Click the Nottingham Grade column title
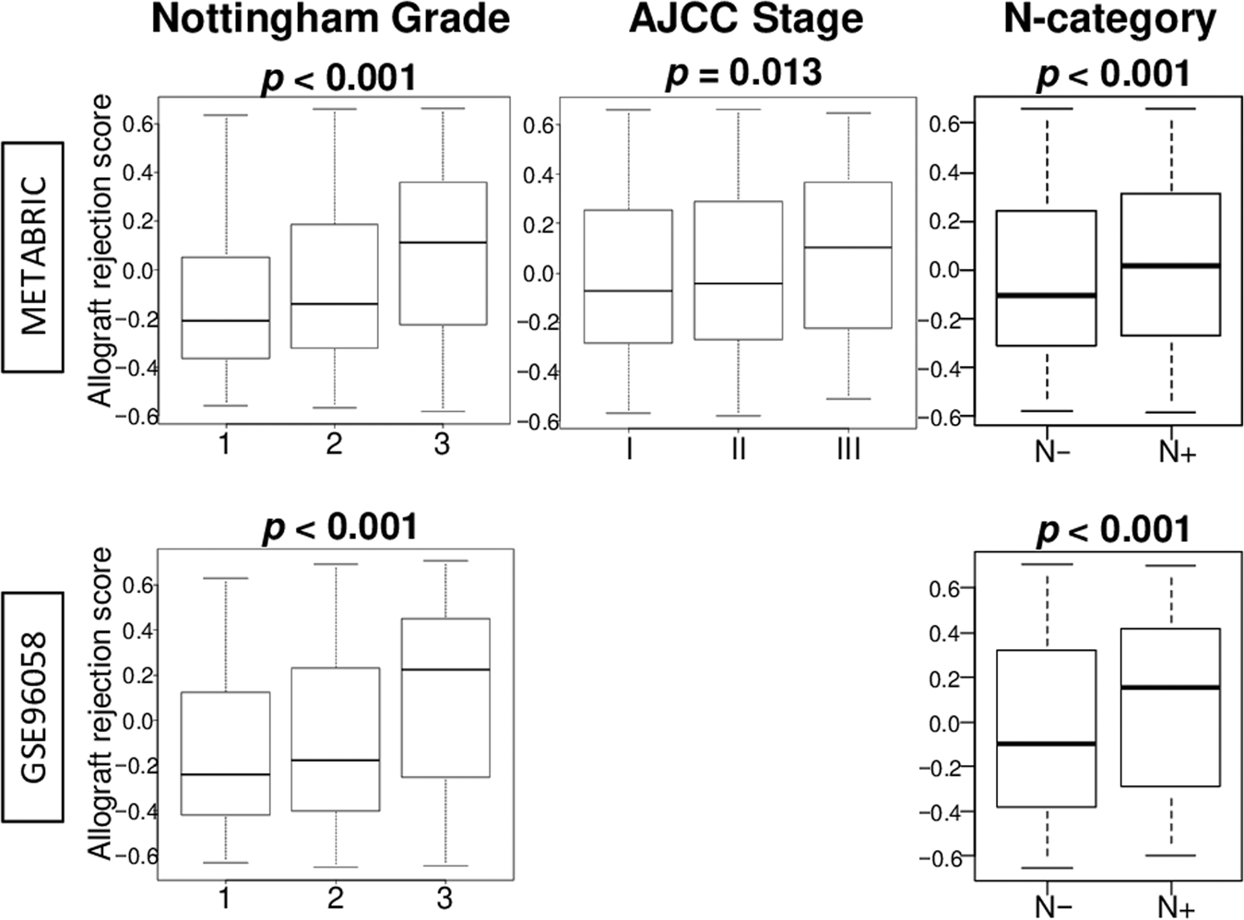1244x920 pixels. tap(330, 19)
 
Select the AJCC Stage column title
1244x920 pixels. tap(746, 19)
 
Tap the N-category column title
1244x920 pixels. tap(1109, 19)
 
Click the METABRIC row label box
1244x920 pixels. tap(33, 256)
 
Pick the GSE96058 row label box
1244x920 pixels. tap(33, 706)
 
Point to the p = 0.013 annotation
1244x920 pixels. tap(743, 73)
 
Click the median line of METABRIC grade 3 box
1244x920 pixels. tap(444, 242)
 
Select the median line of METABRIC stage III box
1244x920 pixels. tap(847, 247)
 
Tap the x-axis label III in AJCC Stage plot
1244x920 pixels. tap(847, 449)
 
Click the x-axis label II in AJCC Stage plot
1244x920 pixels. tap(738, 449)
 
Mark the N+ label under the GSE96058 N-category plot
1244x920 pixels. tap(1176, 907)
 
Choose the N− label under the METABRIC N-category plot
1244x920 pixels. tap(1052, 452)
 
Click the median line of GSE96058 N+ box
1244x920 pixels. tap(1170, 688)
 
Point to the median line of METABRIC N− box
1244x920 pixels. tap(1047, 295)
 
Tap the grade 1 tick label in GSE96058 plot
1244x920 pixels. tap(224, 897)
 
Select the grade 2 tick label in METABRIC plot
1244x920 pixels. tap(334, 444)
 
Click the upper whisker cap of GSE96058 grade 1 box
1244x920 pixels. tap(225, 578)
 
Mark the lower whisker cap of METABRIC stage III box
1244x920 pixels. tap(847, 398)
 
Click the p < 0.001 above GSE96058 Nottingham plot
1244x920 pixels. tap(340, 527)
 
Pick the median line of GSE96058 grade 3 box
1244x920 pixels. tap(445, 669)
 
